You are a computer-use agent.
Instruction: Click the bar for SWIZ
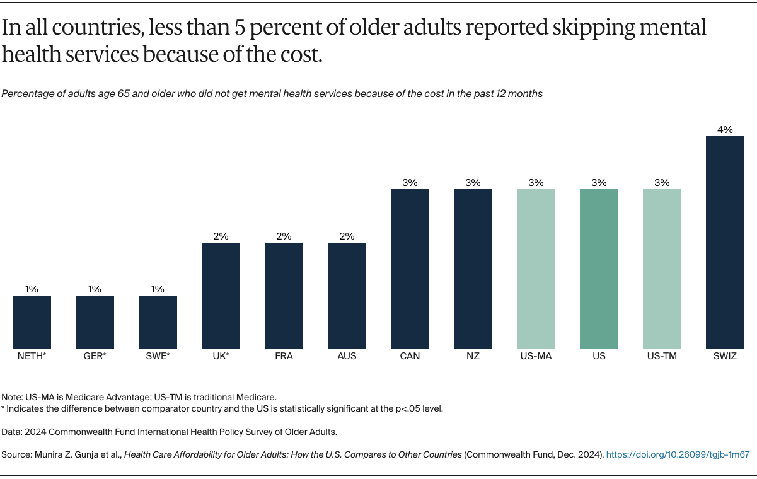point(725,242)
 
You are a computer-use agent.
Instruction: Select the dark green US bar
point(599,268)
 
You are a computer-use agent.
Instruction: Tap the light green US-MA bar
point(536,268)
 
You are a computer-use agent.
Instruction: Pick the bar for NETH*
point(32,321)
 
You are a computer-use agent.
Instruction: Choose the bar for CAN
point(410,268)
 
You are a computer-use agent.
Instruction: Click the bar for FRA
point(284,295)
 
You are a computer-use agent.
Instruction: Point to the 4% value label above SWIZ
point(725,130)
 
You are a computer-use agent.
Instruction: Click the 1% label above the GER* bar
point(95,289)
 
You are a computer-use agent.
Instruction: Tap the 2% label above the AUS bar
point(347,236)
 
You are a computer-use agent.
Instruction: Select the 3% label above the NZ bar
point(473,183)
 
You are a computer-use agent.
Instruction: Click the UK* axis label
point(221,356)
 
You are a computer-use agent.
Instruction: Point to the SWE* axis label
point(158,356)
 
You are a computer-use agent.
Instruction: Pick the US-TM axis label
point(662,356)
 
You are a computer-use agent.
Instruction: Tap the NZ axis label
point(473,356)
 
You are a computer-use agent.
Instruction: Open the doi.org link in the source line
point(678,454)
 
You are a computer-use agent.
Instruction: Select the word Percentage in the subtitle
point(27,94)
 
